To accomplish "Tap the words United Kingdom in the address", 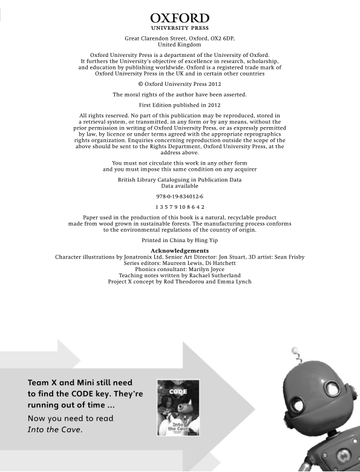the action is point(180,45).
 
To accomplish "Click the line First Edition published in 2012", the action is point(180,105).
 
